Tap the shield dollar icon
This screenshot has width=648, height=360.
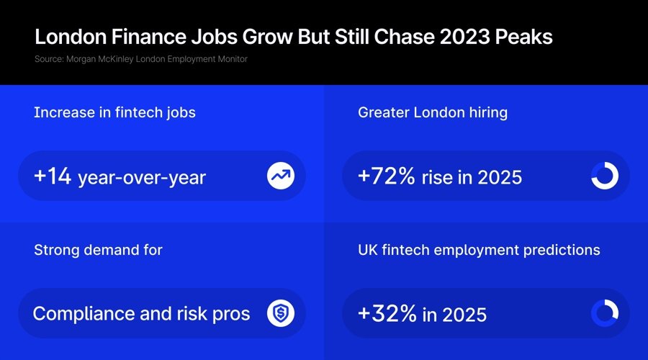pos(280,313)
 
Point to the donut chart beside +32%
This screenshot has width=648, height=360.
pos(604,313)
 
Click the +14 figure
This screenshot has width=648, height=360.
pos(53,176)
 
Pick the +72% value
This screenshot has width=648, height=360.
pos(387,176)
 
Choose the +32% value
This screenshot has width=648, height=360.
pos(387,314)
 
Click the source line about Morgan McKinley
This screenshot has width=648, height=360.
pos(140,59)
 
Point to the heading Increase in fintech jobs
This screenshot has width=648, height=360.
pos(114,112)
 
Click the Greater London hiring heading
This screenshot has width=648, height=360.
pos(433,112)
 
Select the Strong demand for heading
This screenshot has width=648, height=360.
pos(98,250)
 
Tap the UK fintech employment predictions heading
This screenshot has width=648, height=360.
pos(479,250)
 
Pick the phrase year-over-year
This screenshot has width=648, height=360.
pos(141,177)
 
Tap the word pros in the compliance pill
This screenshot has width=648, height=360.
pos(230,315)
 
